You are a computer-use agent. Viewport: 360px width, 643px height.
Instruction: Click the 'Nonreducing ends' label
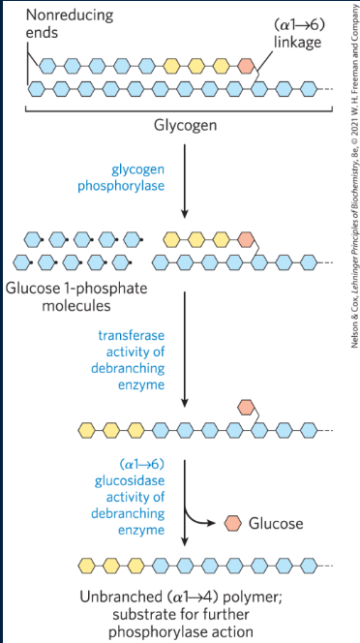(56, 24)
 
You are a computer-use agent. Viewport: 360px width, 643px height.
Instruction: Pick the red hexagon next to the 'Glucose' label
(233, 523)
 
